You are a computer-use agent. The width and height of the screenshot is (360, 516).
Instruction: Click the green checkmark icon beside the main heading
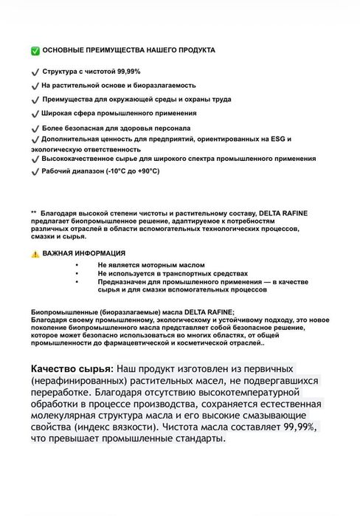(35, 51)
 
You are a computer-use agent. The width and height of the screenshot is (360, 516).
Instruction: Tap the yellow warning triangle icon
(35, 253)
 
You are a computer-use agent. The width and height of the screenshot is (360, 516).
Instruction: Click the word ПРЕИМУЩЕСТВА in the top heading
(122, 51)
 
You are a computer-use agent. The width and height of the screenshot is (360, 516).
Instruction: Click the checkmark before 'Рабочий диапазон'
(35, 171)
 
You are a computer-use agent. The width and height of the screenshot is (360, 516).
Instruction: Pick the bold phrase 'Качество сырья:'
(72, 368)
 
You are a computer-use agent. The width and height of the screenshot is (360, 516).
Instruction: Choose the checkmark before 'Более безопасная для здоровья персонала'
(35, 128)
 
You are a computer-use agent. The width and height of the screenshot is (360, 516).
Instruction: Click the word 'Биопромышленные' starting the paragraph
(66, 312)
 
